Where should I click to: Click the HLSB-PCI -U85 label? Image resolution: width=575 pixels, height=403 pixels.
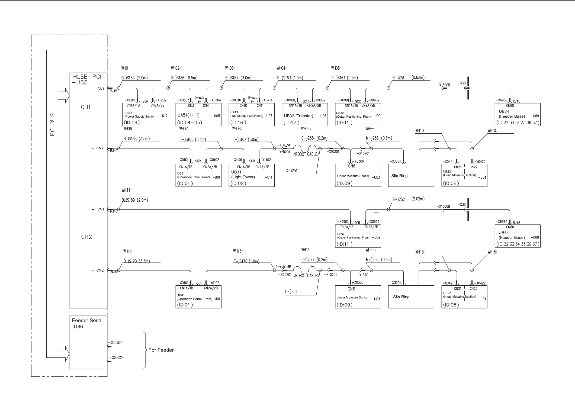pos(87,79)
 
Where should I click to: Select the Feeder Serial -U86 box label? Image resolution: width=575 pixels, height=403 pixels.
pos(87,323)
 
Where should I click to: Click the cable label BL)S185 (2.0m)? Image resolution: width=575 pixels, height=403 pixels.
pos(134,78)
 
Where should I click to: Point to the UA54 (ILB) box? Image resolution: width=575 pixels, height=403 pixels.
pos(198,114)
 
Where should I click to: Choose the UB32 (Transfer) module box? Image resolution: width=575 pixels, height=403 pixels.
pos(304,114)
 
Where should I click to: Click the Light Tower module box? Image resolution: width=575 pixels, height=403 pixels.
pos(251,175)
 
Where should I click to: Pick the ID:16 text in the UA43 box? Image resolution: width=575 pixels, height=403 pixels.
pos(238,122)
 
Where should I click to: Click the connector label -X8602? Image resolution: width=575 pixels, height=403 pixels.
pos(115,358)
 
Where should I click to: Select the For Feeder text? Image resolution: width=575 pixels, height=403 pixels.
pos(161,350)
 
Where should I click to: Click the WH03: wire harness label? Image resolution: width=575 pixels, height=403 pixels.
pos(230,68)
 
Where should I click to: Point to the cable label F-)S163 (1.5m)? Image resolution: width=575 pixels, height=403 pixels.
pos(290,78)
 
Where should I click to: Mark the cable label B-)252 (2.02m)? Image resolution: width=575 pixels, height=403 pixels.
pos(408,199)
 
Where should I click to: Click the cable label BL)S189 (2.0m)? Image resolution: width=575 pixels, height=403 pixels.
pos(135,200)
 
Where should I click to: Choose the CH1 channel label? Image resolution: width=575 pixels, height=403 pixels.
pos(86,107)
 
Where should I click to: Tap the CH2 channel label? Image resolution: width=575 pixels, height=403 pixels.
pos(86,237)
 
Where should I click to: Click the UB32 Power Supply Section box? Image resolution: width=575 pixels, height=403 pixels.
pos(145,114)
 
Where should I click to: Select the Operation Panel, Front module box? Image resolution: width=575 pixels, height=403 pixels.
pos(198,296)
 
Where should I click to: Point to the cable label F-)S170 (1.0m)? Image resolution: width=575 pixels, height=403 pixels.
pos(246,261)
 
